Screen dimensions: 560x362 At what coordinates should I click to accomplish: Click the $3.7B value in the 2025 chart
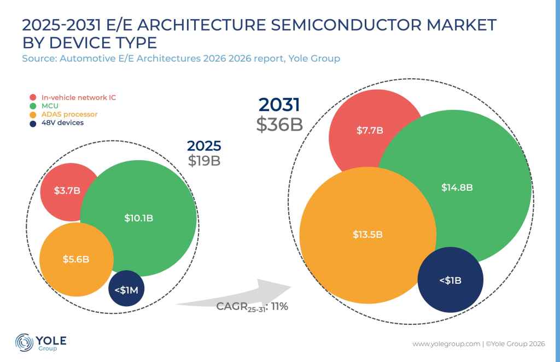pyautogui.click(x=67, y=190)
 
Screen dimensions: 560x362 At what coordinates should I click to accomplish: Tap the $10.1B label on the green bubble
pyautogui.click(x=138, y=218)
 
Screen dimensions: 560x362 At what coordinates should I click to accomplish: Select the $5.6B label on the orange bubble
pyautogui.click(x=75, y=259)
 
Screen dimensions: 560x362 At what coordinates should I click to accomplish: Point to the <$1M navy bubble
pyautogui.click(x=126, y=288)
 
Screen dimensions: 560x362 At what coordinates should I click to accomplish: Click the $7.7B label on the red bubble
pyautogui.click(x=370, y=130)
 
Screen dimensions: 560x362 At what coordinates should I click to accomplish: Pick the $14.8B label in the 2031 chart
pyautogui.click(x=457, y=188)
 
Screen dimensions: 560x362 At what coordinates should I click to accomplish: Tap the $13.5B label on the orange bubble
pyautogui.click(x=367, y=234)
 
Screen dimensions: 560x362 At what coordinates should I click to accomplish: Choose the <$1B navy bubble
pyautogui.click(x=451, y=280)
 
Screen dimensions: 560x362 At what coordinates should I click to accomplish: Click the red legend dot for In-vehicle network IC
pyautogui.click(x=33, y=97)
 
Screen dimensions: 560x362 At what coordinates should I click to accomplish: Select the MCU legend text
pyautogui.click(x=50, y=106)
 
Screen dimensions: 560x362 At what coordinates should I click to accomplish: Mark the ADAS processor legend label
pyautogui.click(x=69, y=114)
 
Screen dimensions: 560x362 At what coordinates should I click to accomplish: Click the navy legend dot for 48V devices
pyautogui.click(x=33, y=124)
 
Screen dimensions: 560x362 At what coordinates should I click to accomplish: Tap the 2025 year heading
pyautogui.click(x=204, y=145)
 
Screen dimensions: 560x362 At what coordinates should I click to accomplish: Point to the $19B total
pyautogui.click(x=204, y=161)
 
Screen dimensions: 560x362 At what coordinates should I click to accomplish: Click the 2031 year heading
pyautogui.click(x=279, y=104)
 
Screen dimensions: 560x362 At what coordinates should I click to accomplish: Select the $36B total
pyautogui.click(x=279, y=125)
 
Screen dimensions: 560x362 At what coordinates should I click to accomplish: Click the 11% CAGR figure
pyautogui.click(x=279, y=306)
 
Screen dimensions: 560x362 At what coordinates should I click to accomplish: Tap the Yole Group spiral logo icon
pyautogui.click(x=24, y=342)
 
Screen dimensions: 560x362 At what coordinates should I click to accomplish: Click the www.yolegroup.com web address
pyautogui.click(x=446, y=344)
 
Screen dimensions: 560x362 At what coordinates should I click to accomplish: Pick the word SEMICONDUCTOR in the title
pyautogui.click(x=346, y=25)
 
